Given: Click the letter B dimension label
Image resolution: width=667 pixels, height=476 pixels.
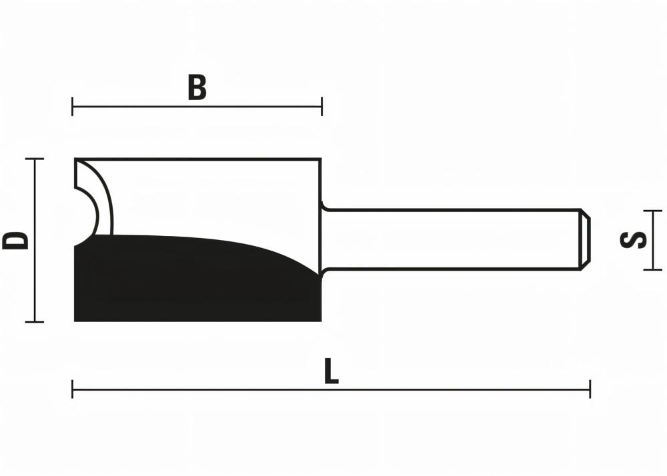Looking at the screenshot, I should point(197,88).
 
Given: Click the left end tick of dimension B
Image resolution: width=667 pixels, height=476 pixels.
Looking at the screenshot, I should point(73,106).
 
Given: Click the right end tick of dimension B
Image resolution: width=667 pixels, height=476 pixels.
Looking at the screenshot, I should point(321,106).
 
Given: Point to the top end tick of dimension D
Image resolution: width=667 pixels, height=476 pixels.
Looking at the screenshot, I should point(34,159).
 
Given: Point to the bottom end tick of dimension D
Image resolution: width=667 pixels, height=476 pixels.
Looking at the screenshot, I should point(34,322).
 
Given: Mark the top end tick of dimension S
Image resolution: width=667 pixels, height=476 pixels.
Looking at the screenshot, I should point(652,211).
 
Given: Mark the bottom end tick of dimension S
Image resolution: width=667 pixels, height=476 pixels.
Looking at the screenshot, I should point(652,269).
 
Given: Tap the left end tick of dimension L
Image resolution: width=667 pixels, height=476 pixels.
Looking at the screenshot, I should point(73,389).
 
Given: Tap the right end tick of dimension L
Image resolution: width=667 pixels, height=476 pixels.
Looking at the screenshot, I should point(590,389).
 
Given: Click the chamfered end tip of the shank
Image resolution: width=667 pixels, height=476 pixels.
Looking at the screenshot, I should point(585,240).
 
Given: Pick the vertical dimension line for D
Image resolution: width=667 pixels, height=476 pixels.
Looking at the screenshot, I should point(34,280).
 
